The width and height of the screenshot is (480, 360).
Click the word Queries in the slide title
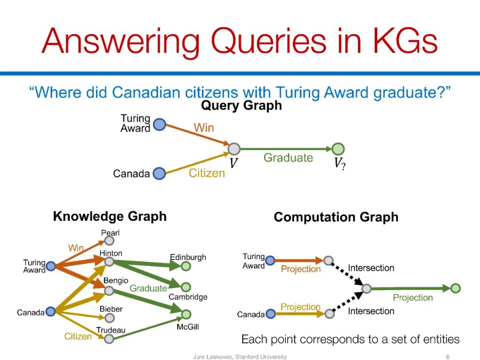click(268, 41)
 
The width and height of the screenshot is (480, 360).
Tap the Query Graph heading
click(241, 106)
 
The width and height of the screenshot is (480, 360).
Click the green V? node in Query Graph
click(338, 149)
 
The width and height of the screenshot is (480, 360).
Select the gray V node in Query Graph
click(234, 149)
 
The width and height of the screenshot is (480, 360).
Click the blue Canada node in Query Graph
click(159, 173)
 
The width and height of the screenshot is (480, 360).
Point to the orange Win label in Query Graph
click(204, 128)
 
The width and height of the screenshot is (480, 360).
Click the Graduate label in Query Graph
click(288, 158)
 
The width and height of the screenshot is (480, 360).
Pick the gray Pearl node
click(109, 240)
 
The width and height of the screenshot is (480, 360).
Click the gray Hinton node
click(109, 262)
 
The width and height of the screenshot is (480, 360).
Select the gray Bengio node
click(109, 291)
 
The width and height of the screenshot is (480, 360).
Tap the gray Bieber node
click(110, 318)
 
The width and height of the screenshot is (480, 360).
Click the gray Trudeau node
click(109, 339)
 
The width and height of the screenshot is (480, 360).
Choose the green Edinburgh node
click(186, 266)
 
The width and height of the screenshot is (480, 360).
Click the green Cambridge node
click(186, 287)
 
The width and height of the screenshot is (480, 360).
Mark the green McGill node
click(186, 314)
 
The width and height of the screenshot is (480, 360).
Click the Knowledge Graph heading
click(110, 216)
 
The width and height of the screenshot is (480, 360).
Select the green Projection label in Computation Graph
click(412, 297)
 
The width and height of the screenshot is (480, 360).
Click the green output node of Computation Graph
click(456, 288)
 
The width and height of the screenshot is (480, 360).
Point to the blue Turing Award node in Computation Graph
click(270, 260)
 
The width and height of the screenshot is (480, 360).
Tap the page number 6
click(448, 356)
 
